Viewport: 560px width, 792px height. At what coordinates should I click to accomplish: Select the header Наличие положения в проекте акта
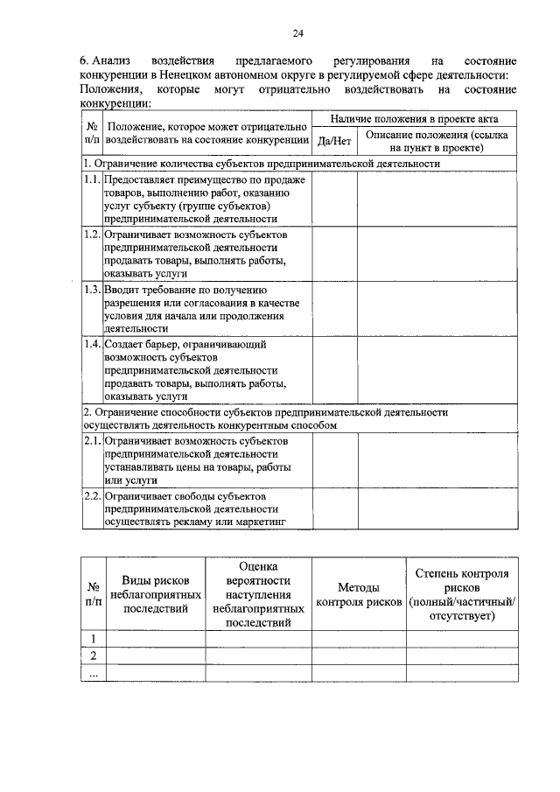pos(412,117)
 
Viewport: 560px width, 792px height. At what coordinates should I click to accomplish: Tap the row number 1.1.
pos(92,179)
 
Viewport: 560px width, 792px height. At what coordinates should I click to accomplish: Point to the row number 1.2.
pos(92,235)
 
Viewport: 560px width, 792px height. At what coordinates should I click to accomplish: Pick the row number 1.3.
pos(92,290)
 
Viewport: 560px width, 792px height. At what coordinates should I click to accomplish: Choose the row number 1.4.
pos(92,345)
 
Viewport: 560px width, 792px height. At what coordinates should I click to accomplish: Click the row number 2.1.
pos(92,441)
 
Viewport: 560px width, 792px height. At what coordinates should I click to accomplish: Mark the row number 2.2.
pos(92,496)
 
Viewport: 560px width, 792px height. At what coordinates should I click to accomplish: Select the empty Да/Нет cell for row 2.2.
pos(334,509)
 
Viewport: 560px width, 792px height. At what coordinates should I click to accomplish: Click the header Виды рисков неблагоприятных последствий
pos(154,595)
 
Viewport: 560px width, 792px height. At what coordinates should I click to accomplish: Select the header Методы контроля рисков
pos(359,595)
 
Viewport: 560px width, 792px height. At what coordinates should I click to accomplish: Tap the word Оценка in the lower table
pos(258,567)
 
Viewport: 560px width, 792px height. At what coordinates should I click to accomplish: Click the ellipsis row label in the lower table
pos(93,674)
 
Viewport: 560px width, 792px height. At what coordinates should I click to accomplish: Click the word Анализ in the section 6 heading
pos(115,62)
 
